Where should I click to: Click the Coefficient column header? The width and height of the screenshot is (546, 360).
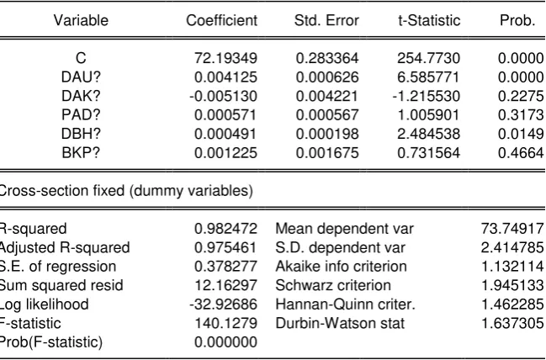click(222, 20)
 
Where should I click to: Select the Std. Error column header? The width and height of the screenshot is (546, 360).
click(326, 20)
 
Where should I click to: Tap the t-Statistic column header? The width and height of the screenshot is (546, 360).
click(429, 20)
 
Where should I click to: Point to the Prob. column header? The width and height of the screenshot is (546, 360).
click(517, 20)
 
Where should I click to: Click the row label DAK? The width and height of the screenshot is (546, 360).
click(81, 96)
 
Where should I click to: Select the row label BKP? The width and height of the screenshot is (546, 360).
click(81, 153)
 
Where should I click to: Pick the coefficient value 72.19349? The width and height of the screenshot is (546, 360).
click(226, 58)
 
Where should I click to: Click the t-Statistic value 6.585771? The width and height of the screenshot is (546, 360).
click(428, 77)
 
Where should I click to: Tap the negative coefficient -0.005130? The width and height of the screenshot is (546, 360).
click(223, 96)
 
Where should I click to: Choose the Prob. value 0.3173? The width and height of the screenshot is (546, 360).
click(521, 115)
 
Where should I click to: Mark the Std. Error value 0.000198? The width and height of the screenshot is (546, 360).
click(327, 134)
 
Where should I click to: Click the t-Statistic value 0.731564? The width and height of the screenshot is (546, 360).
click(429, 153)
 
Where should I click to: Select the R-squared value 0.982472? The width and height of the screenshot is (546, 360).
click(226, 229)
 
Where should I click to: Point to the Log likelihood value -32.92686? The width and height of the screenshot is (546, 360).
click(223, 304)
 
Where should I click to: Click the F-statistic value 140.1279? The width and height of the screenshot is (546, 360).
click(226, 324)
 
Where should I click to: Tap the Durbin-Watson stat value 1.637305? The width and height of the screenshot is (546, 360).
click(512, 324)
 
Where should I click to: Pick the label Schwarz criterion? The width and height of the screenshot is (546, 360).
click(333, 285)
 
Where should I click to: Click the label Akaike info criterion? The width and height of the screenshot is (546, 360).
click(342, 267)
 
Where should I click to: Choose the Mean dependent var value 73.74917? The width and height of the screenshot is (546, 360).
click(512, 229)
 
